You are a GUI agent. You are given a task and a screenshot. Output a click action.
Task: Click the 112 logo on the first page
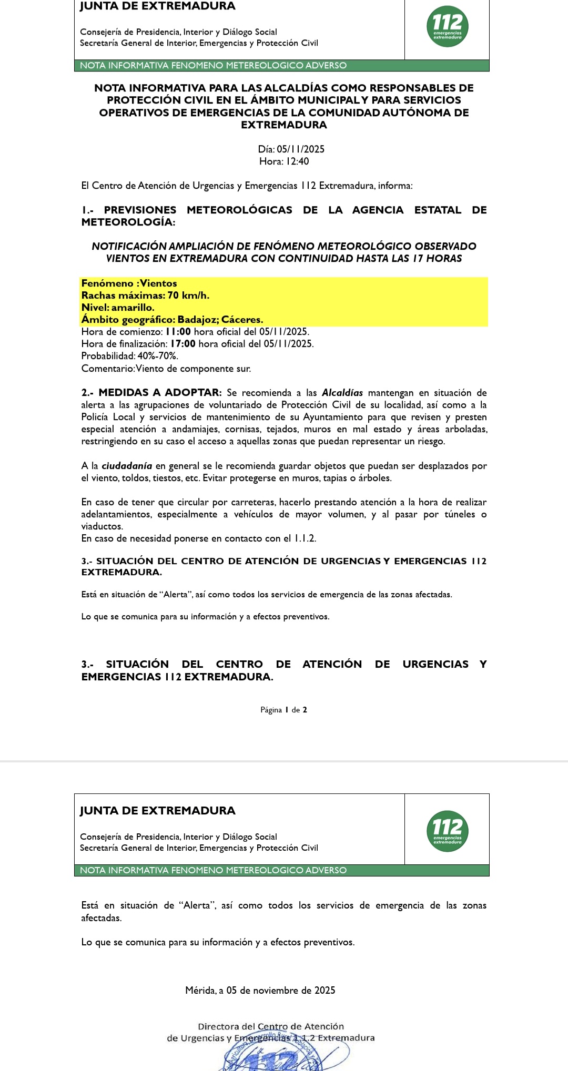click(x=447, y=26)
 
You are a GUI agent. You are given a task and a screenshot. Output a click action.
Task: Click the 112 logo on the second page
click(x=447, y=831)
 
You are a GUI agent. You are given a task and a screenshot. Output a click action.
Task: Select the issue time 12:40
click(x=297, y=161)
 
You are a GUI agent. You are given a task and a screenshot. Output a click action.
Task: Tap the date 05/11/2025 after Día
click(x=300, y=149)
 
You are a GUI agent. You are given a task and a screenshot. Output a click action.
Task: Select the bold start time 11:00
click(x=178, y=332)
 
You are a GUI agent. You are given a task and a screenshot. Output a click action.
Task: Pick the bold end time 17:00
click(x=182, y=344)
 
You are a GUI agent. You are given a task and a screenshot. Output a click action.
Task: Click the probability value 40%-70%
click(x=158, y=356)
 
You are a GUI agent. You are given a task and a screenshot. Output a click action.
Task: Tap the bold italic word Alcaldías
click(x=342, y=393)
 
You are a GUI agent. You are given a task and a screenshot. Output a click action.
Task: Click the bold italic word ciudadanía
click(x=127, y=466)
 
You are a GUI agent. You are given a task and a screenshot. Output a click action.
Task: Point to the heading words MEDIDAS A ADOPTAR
click(x=160, y=393)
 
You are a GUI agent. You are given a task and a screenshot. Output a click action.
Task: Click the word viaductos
click(x=102, y=526)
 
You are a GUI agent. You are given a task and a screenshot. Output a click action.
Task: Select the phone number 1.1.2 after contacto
click(x=305, y=538)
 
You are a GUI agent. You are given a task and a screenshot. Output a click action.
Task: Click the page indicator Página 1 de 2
click(x=283, y=710)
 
